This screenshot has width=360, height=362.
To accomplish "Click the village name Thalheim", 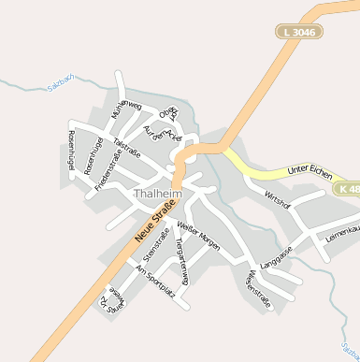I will point(157,194).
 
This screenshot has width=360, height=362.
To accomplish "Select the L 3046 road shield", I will point(299,32).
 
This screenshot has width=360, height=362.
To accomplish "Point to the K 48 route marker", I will point(347,189).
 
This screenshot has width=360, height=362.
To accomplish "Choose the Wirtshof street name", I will point(279,199).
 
